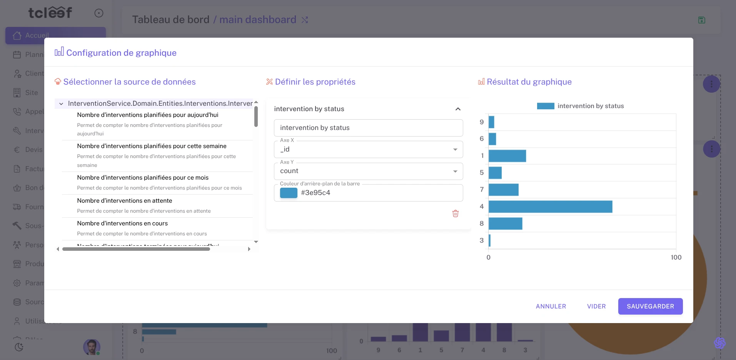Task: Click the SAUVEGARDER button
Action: pos(650,306)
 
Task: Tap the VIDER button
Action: pos(596,306)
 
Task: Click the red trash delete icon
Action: pos(455,213)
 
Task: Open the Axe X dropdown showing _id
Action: pos(368,149)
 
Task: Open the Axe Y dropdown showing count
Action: pos(368,171)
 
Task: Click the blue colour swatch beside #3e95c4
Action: pos(289,193)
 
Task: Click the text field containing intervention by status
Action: pos(368,128)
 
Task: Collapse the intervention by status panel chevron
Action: pos(458,109)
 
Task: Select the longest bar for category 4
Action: pos(550,207)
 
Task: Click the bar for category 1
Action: pos(507,156)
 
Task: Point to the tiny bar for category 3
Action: pos(489,240)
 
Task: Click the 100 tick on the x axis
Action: pos(676,257)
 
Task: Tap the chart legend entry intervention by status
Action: pos(580,106)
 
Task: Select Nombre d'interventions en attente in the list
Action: pos(125,201)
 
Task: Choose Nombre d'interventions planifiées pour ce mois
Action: pos(143,178)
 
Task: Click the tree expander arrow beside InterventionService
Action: pos(61,104)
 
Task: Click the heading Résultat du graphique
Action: pos(529,82)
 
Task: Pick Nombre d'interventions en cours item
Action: pos(122,223)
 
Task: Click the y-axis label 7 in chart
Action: pos(482,190)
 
